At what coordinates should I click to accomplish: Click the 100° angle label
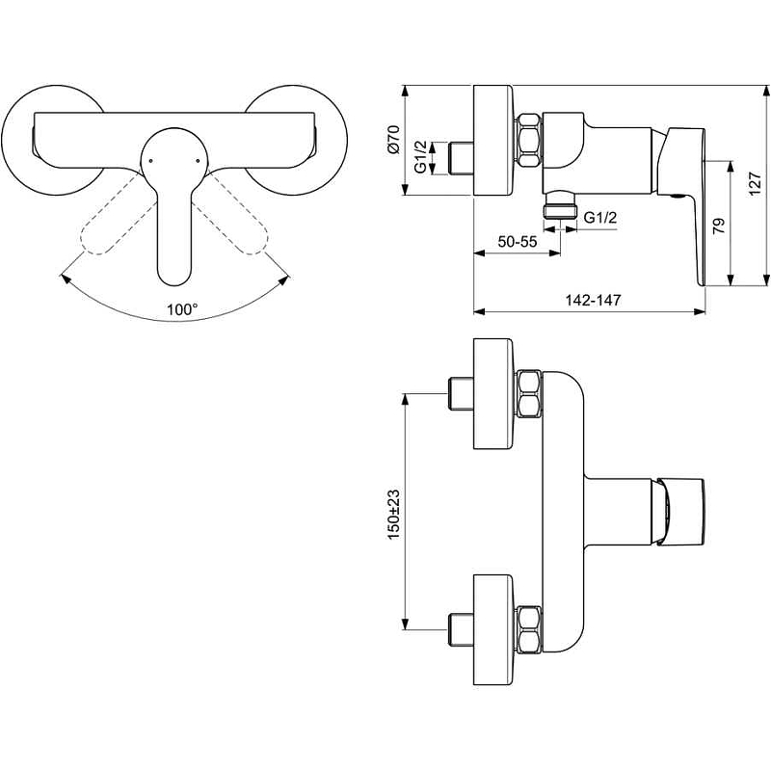click(182, 309)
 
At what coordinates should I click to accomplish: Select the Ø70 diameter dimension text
click(394, 140)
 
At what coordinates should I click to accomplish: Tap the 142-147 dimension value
click(593, 300)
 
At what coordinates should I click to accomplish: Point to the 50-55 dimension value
click(518, 242)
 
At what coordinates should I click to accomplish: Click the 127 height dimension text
click(755, 184)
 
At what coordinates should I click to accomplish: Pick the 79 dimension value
click(718, 226)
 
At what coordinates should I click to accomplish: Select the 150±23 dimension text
click(394, 514)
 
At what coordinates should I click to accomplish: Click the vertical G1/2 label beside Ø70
click(421, 157)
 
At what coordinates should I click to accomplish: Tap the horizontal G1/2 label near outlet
click(599, 217)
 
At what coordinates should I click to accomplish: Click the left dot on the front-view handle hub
click(150, 160)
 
